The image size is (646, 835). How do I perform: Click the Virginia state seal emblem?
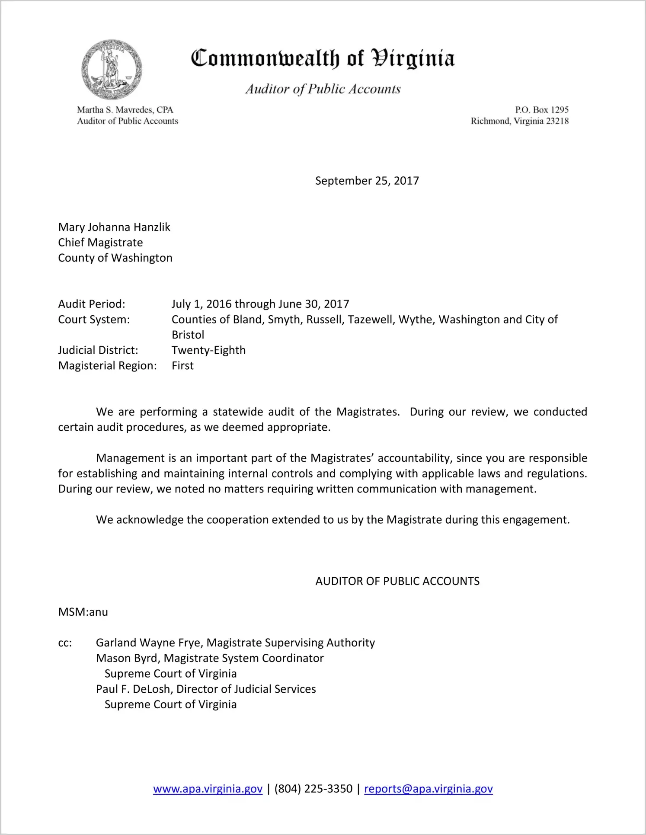[112, 70]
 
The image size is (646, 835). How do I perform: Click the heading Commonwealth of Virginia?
[323, 58]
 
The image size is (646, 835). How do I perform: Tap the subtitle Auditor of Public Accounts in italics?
[323, 89]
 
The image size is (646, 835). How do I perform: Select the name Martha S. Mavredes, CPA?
[125, 110]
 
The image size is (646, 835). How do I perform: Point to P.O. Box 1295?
[541, 110]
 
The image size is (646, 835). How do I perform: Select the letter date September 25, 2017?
[367, 181]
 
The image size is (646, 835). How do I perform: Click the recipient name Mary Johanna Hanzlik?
[114, 227]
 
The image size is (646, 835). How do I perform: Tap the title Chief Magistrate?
[100, 243]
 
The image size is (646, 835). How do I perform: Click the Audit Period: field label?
[92, 304]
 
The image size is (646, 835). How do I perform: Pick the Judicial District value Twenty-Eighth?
[208, 350]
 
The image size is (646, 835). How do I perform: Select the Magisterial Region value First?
[182, 366]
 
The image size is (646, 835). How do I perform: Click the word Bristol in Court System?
[188, 335]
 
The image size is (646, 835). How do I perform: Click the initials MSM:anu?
[83, 612]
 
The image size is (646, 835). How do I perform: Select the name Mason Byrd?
[127, 658]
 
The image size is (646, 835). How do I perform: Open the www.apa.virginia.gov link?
[208, 789]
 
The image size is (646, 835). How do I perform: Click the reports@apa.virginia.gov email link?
[428, 789]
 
